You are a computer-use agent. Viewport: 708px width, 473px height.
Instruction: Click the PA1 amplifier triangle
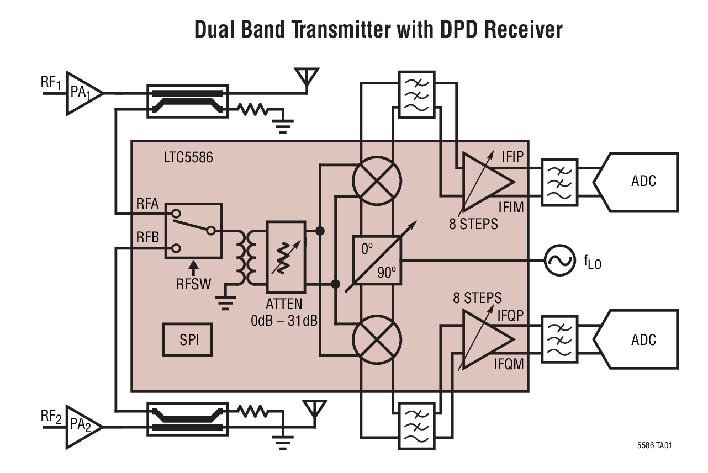tap(82, 93)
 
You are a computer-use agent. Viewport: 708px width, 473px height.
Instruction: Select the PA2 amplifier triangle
tap(82, 427)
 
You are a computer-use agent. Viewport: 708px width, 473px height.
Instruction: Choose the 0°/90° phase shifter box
tap(377, 261)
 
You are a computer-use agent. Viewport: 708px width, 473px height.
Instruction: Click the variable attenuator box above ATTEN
tap(286, 257)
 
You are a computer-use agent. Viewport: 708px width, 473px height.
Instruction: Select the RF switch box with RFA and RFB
tap(193, 231)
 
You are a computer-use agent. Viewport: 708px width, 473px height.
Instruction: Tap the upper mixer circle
tap(377, 180)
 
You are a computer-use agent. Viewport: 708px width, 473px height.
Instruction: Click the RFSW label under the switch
tap(193, 284)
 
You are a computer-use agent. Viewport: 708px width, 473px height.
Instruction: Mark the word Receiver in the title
tap(523, 30)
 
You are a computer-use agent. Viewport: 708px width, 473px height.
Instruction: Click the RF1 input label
tap(50, 83)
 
